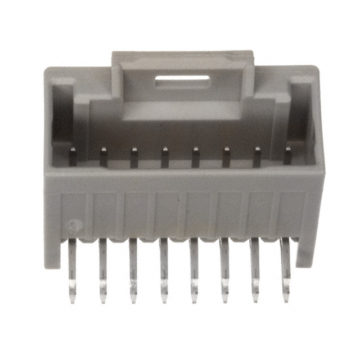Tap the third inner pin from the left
pos(134,157)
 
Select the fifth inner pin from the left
pos(196,157)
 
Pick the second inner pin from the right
pos(256,157)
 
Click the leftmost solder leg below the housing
pos(71,270)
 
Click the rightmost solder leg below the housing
pos(285,270)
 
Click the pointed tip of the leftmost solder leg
pos(73,301)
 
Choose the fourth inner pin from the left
pos(165,157)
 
